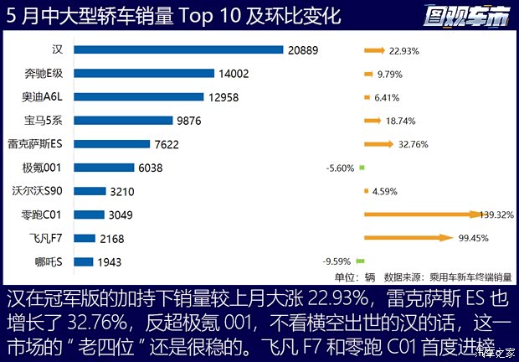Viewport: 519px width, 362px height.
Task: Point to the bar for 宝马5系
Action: point(128,121)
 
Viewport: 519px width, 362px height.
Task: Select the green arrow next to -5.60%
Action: point(362,168)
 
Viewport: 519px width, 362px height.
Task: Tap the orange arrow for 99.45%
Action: point(411,238)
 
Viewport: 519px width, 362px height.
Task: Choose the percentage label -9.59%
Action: point(339,261)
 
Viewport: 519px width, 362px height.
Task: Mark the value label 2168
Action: point(111,239)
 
